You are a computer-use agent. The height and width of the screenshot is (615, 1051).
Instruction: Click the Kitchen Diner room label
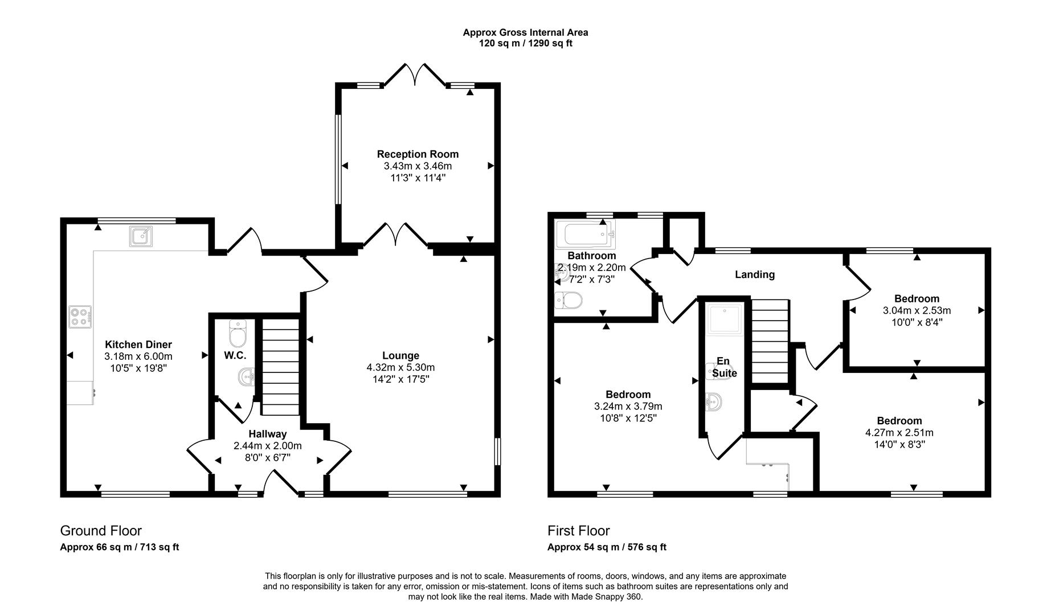tap(138, 345)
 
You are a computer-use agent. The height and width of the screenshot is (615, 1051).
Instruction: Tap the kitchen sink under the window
tap(140, 236)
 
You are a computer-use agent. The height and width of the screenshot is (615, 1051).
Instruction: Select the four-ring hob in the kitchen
tap(80, 317)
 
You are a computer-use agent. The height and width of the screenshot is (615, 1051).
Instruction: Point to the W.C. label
tap(235, 356)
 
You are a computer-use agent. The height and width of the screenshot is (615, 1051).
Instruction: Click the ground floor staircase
tap(280, 367)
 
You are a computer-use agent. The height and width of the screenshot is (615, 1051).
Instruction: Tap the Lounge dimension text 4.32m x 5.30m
tap(400, 368)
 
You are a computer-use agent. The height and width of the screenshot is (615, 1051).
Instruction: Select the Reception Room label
tap(418, 154)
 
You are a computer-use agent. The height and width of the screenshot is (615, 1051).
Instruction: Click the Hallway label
tap(267, 434)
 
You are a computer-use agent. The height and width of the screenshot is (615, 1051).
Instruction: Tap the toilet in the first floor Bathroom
tap(569, 300)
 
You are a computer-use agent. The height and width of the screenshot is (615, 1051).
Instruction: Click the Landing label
tap(754, 274)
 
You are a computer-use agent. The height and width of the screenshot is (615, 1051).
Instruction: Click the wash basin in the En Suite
tap(714, 402)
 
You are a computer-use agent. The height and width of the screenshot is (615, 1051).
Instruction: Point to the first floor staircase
tap(770, 342)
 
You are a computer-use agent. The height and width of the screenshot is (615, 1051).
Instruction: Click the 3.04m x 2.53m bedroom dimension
tap(916, 310)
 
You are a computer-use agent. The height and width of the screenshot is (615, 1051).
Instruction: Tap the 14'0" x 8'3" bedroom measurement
tap(899, 444)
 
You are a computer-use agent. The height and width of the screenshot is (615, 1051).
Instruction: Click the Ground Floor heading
tap(101, 531)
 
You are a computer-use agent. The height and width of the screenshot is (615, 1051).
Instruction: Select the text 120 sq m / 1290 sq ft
tap(525, 43)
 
